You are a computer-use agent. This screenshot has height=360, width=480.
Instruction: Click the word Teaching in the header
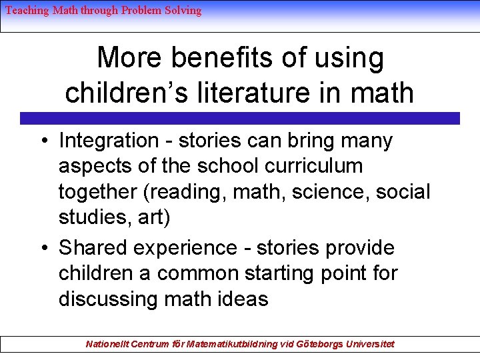tap(27, 11)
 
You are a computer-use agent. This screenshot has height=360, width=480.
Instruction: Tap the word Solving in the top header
tap(183, 11)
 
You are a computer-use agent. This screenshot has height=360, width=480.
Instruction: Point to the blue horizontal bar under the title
tap(240, 119)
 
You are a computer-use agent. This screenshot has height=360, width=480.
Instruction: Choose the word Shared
tap(93, 248)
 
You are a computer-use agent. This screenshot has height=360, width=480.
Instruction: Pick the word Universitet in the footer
tap(369, 344)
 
